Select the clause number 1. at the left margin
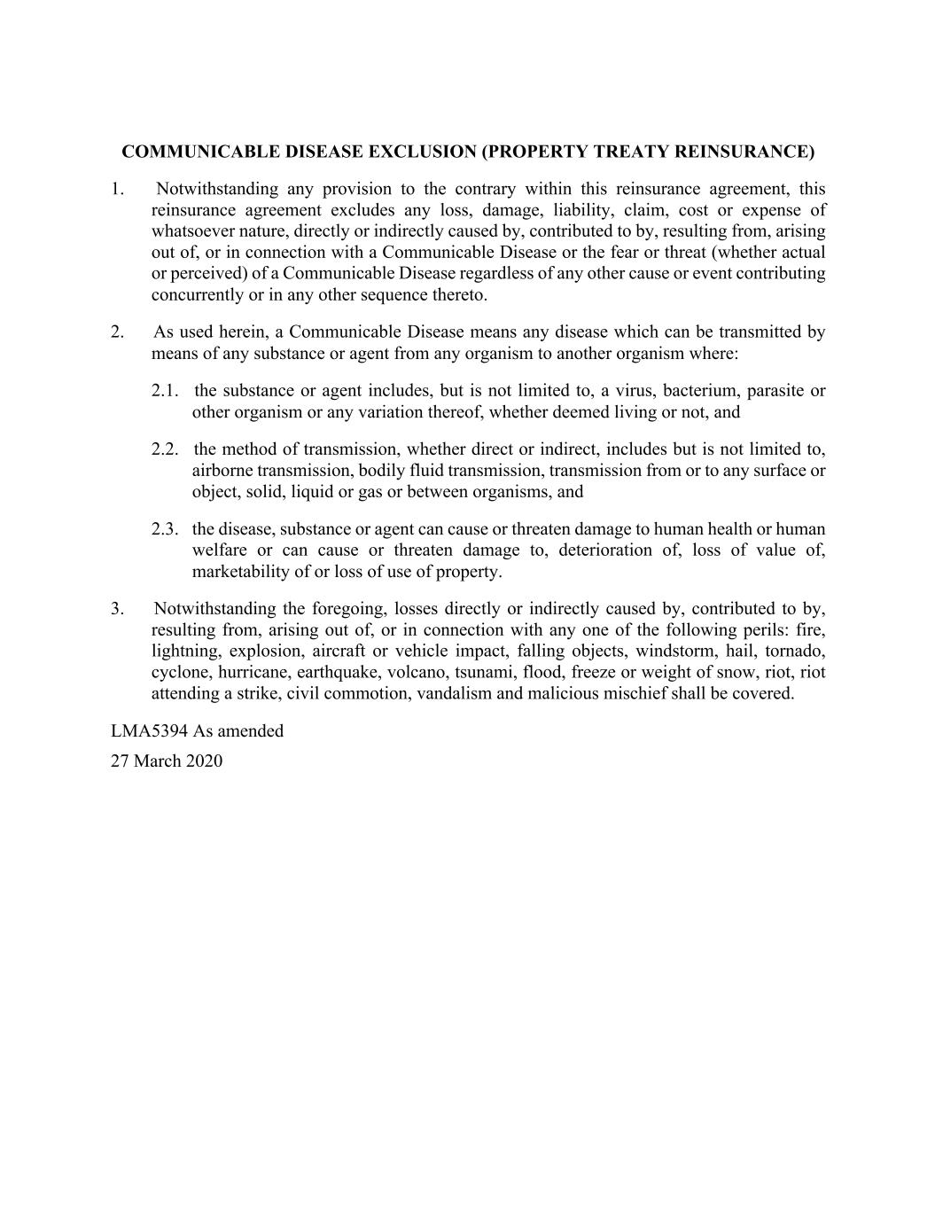pos(117,189)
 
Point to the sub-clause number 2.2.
pos(165,449)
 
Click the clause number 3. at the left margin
pos(117,609)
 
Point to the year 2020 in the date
pos(204,761)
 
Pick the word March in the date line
pos(158,761)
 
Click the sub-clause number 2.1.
pos(165,391)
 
